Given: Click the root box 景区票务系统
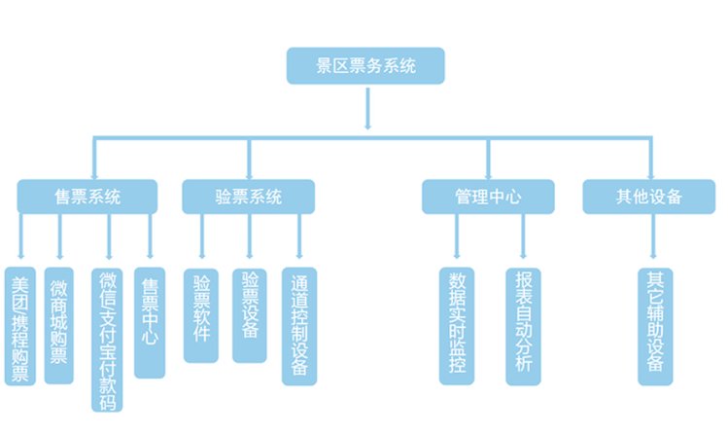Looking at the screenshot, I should point(366,67).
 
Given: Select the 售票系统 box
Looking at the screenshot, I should point(87,197).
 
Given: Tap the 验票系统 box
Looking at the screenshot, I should point(248,197).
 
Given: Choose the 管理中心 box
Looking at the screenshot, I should point(488,197).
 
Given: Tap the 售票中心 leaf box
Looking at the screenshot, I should point(150,322).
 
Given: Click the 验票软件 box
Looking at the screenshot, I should point(201,314).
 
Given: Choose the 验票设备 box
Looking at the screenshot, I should point(250,314).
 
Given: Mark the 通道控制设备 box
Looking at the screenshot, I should point(298,324).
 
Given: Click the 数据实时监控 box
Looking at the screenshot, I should point(457,323).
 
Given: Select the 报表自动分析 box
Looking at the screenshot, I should point(523,323).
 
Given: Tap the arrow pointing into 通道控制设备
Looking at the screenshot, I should point(298,239).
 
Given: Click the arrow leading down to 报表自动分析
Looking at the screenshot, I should point(523,239).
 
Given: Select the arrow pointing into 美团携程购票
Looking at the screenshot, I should point(20,239).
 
